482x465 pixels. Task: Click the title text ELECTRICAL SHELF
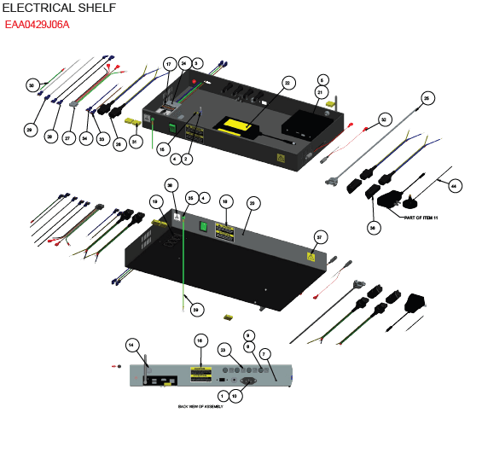(x=59, y=8)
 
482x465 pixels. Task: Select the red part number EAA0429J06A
(x=38, y=25)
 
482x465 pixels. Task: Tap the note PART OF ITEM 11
(x=420, y=218)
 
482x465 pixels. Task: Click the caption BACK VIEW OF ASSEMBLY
(x=200, y=407)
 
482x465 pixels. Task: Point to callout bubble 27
(x=68, y=137)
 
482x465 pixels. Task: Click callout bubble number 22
(x=287, y=83)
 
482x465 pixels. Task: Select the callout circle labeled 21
(x=321, y=92)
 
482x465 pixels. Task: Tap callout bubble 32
(x=385, y=119)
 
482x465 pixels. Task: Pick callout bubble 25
(x=427, y=98)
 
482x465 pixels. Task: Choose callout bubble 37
(x=321, y=236)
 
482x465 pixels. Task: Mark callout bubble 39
(x=196, y=310)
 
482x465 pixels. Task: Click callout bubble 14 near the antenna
(x=132, y=345)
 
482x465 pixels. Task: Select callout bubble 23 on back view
(x=224, y=350)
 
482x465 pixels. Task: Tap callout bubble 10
(x=235, y=396)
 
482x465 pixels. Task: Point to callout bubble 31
(x=136, y=142)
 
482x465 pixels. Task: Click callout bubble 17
(x=169, y=64)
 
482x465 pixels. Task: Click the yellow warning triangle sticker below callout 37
(x=311, y=256)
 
